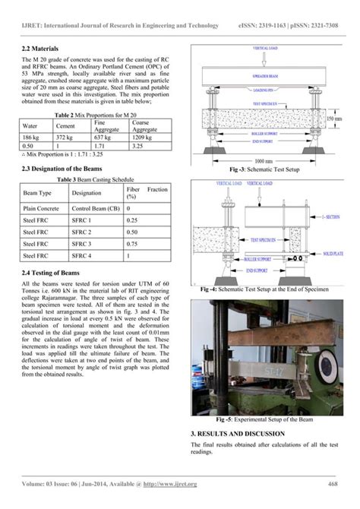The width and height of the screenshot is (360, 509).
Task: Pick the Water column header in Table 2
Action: (31, 124)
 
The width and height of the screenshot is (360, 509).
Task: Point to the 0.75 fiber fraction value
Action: (133, 244)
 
